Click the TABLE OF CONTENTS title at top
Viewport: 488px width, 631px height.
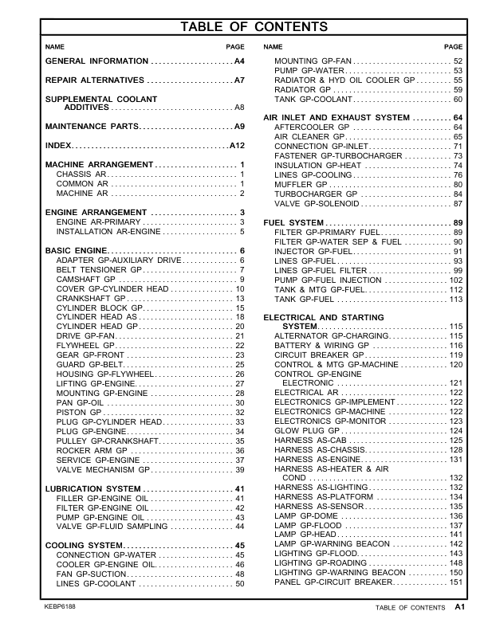click(254, 28)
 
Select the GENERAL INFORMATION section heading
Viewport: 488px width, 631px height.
click(96, 61)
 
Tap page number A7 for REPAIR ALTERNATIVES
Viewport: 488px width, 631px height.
click(238, 81)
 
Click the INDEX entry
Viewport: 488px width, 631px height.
click(58, 147)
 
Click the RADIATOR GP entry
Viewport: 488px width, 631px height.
click(302, 90)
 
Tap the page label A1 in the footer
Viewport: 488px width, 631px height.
click(459, 607)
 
